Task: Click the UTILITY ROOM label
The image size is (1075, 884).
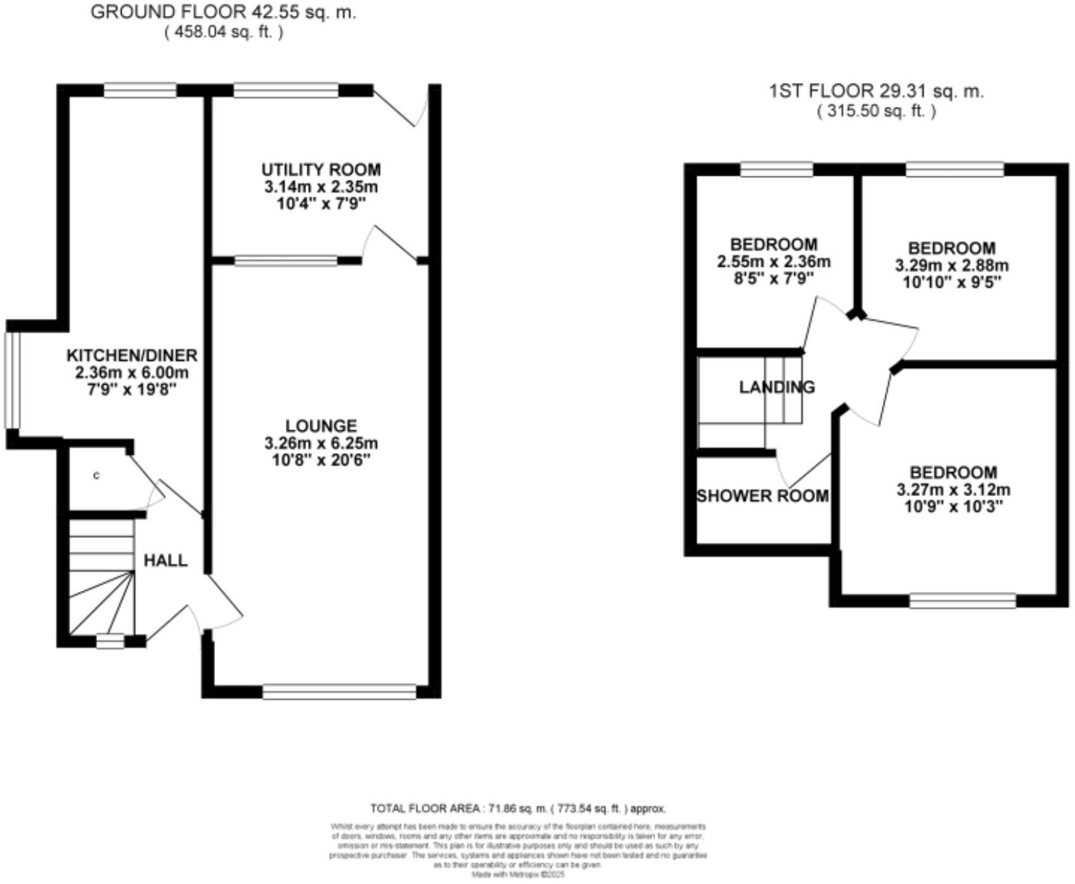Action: (x=321, y=170)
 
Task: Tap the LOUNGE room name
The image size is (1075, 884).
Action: (x=321, y=426)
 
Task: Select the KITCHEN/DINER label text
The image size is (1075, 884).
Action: (x=132, y=356)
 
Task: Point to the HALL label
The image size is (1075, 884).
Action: (x=165, y=560)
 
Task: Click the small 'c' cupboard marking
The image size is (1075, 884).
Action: (x=96, y=475)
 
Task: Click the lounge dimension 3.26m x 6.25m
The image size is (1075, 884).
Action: (x=321, y=443)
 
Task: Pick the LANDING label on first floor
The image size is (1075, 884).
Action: (x=777, y=387)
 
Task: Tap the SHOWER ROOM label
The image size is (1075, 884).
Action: (x=763, y=496)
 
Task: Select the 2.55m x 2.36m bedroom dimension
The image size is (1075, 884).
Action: (x=773, y=262)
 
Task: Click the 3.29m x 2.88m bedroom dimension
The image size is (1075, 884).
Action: (x=951, y=265)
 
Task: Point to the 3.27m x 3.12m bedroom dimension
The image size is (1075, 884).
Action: (x=953, y=489)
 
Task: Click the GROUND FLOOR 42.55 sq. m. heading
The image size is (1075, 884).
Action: (x=223, y=12)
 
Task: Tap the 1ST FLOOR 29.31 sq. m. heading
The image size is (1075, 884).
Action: (x=876, y=91)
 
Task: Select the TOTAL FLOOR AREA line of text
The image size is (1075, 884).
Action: (x=518, y=809)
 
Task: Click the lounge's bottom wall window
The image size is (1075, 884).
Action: (x=339, y=691)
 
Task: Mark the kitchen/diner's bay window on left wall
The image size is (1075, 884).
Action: (x=12, y=380)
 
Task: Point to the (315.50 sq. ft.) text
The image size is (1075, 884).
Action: (x=876, y=112)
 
